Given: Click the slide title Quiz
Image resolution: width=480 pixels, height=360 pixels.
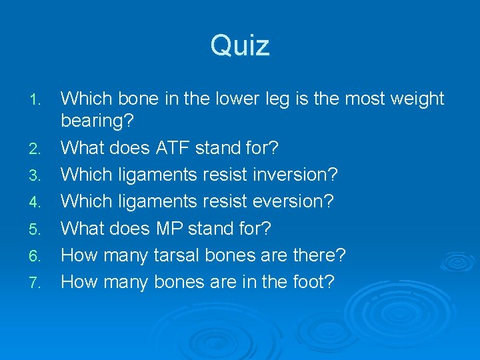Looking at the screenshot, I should click(240, 46).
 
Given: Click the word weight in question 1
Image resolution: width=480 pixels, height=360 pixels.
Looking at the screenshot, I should click(417, 99).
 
